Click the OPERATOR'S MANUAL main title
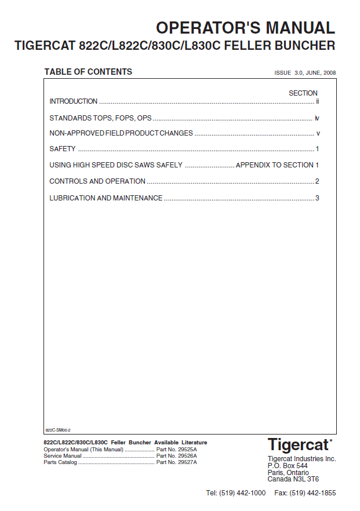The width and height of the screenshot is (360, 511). pos(245,27)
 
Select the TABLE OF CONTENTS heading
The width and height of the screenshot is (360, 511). pos(88,72)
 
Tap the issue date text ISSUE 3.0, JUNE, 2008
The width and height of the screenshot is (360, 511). pos(305,74)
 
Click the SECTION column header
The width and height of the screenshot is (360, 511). pos(303,93)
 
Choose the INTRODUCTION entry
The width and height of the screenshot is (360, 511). pos(74,101)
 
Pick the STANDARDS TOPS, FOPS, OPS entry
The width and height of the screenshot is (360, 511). pos(100,118)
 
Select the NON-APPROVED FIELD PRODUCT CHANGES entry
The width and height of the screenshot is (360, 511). pos(121,133)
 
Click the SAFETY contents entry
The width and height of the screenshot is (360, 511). pos(63,149)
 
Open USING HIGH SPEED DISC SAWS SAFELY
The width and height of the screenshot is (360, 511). pos(116,165)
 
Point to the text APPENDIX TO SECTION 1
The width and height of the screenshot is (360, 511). pos(277,165)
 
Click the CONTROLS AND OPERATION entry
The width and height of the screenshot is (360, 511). pos(97,181)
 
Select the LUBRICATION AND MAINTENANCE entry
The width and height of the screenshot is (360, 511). pos(106,198)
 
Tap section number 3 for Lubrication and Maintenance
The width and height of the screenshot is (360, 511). pos(317,198)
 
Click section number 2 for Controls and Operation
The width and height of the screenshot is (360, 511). pos(317,181)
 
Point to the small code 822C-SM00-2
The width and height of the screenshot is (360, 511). pos(57,430)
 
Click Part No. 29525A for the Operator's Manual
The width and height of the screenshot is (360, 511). pos(177,450)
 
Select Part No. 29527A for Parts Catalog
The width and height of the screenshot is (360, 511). pos(177,462)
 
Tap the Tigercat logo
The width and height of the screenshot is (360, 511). pos(299,445)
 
